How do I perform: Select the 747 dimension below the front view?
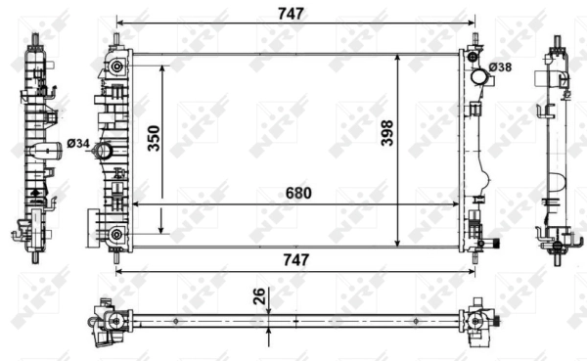[294, 259]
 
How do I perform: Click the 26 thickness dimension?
[257, 295]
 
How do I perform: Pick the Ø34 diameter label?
[78, 145]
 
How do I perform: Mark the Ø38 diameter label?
[500, 68]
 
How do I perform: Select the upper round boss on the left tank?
[117, 67]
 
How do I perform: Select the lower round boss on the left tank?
[117, 233]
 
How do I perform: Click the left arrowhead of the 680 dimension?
[134, 203]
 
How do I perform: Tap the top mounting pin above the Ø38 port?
[475, 42]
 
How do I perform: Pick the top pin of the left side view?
[38, 40]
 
